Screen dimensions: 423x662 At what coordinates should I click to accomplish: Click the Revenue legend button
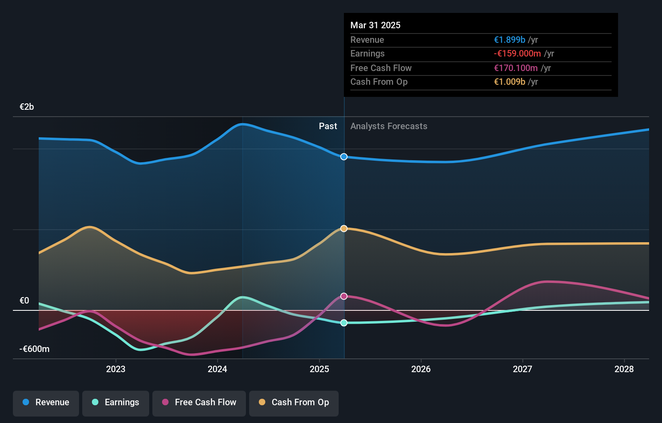coord(46,402)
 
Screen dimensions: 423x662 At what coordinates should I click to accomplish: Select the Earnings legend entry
coord(116,402)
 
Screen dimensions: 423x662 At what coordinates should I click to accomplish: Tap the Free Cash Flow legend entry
coord(199,402)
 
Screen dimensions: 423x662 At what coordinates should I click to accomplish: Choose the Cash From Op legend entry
coord(294,402)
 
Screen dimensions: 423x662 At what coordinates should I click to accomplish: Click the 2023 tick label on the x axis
coord(116,369)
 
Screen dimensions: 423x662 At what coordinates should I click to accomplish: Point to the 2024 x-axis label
coord(217,369)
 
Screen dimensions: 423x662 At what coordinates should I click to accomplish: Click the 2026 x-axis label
coord(421,369)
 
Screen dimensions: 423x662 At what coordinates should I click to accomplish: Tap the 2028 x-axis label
coord(624,369)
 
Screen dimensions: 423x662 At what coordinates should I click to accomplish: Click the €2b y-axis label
coord(27,107)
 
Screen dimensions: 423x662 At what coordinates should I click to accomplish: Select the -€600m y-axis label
coord(34,349)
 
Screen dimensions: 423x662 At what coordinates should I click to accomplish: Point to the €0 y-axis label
coord(24,301)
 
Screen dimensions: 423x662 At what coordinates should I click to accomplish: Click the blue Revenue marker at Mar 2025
coord(344,157)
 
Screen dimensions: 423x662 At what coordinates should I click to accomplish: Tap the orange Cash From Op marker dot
coord(344,228)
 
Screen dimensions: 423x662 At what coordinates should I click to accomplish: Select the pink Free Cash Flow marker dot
coord(344,296)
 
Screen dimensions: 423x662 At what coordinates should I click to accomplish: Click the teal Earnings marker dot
coord(344,323)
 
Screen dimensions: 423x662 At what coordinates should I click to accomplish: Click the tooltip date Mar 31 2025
coord(375,25)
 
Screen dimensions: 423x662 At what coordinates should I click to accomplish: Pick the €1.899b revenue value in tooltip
coord(510,40)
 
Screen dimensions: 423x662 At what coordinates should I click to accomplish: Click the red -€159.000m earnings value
coord(517,54)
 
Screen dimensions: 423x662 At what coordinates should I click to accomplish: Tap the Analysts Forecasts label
coord(389,126)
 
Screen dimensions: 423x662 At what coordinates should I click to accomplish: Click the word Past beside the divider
coord(328,126)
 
